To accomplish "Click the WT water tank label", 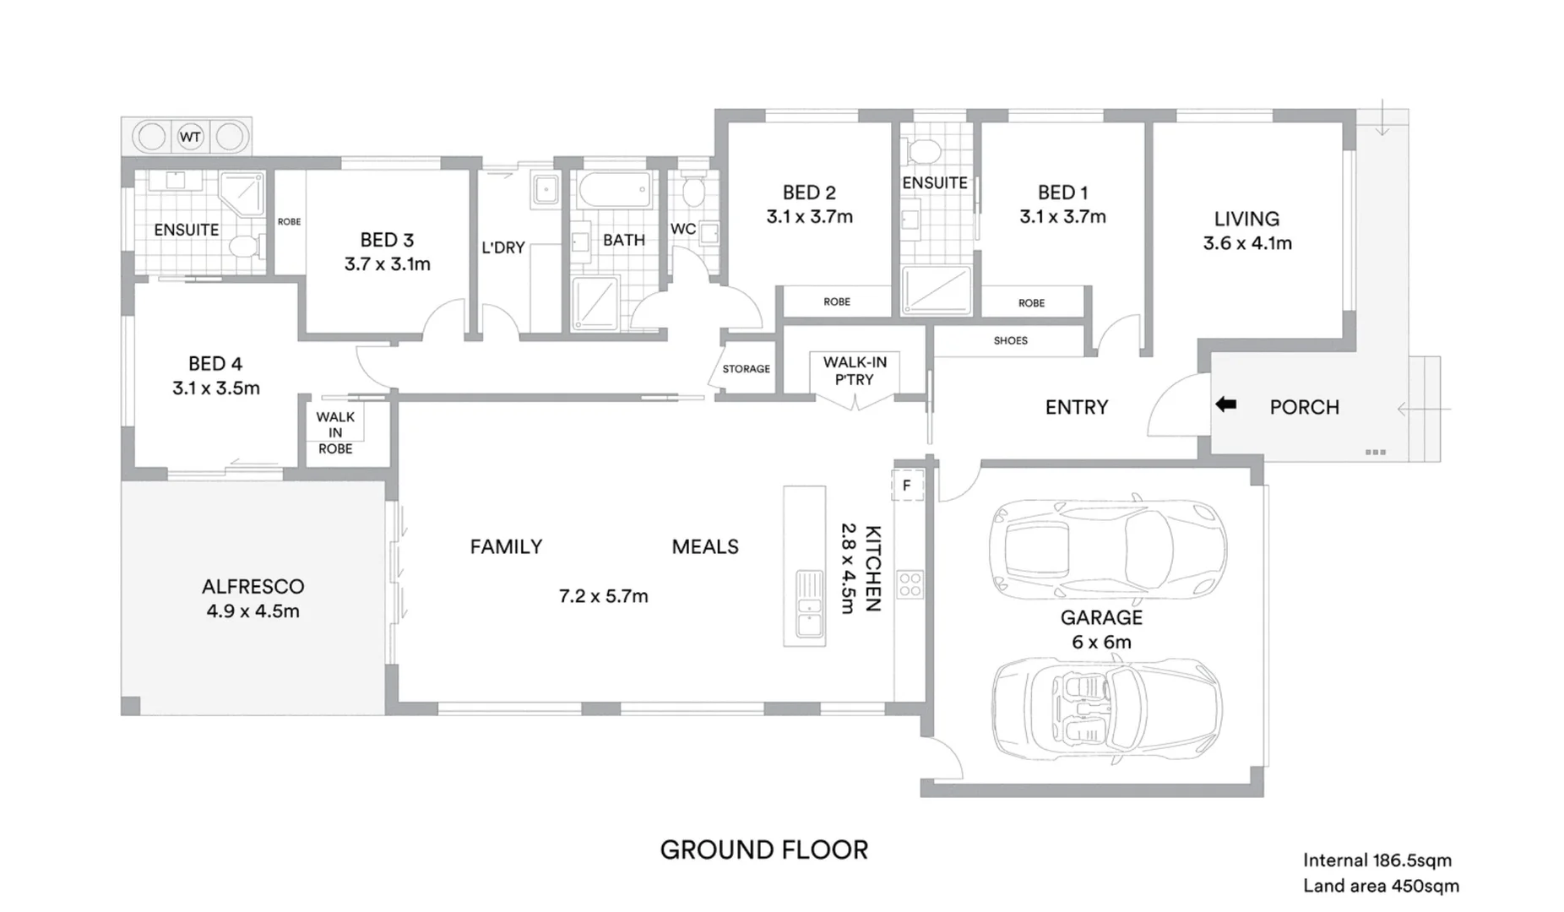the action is click(190, 137).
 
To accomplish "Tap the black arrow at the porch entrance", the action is click(1225, 404).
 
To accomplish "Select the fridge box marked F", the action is click(907, 486).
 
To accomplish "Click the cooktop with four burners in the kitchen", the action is click(910, 584).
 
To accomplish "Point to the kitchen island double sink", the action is click(809, 603).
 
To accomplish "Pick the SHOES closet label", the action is click(1010, 340).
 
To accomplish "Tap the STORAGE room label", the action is click(746, 369).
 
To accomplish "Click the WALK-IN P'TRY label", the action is click(855, 371).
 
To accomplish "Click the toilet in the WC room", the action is click(693, 191).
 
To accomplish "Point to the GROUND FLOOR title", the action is click(763, 850).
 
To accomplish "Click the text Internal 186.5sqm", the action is click(1377, 860).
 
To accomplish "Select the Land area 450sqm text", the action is click(1381, 886).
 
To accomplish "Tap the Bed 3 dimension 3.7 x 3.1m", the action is click(387, 264).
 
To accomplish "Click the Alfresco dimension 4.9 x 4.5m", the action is click(253, 611).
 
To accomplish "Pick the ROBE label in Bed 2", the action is click(837, 301).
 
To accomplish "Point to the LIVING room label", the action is click(1246, 219).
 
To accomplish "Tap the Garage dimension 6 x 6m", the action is click(1101, 642).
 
